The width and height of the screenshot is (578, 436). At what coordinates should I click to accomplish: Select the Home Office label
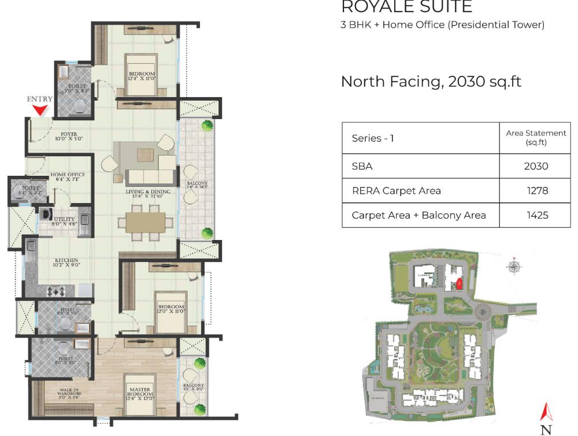pyautogui.click(x=68, y=177)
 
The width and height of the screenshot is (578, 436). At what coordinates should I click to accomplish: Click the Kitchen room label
pyautogui.click(x=66, y=263)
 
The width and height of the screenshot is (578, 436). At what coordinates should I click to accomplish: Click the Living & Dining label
pyautogui.click(x=149, y=194)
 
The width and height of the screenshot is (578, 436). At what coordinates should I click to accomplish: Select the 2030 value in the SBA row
pyautogui.click(x=535, y=166)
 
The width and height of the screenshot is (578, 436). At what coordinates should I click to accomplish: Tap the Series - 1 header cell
pyautogui.click(x=373, y=138)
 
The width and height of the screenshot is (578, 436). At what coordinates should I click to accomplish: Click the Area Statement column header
pyautogui.click(x=536, y=138)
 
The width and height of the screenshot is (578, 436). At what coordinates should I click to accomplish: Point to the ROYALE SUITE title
pyautogui.click(x=406, y=8)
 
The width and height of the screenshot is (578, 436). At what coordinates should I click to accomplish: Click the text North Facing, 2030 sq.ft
pyautogui.click(x=431, y=81)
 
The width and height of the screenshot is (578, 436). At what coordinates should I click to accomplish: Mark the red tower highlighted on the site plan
pyautogui.click(x=460, y=284)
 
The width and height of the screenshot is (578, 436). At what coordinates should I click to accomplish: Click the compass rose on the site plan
pyautogui.click(x=513, y=266)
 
